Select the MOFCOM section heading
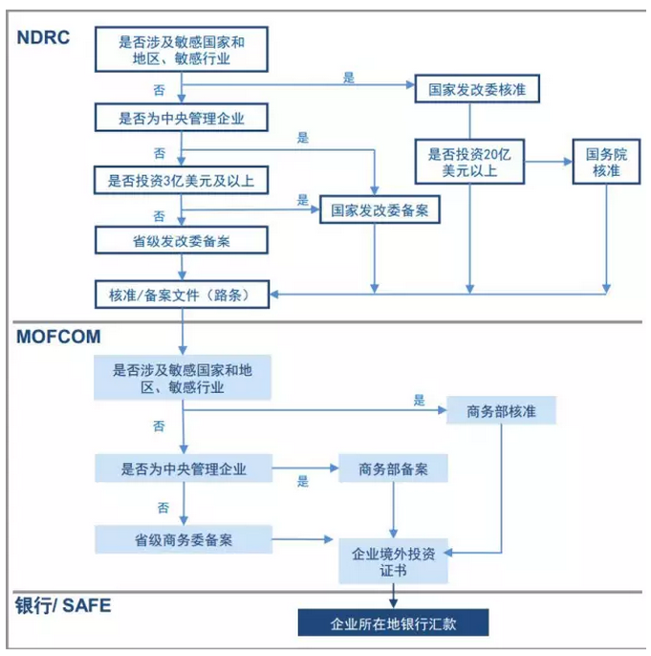(x=58, y=337)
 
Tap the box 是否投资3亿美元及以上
(x=181, y=179)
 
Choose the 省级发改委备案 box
(x=181, y=241)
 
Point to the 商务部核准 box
(x=500, y=411)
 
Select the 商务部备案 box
(x=393, y=470)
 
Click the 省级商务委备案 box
(x=183, y=539)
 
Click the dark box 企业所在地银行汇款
(x=393, y=623)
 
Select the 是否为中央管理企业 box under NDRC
(x=181, y=118)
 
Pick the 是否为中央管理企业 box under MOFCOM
(x=183, y=470)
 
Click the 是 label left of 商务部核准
(x=419, y=400)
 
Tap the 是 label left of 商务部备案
(x=303, y=481)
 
